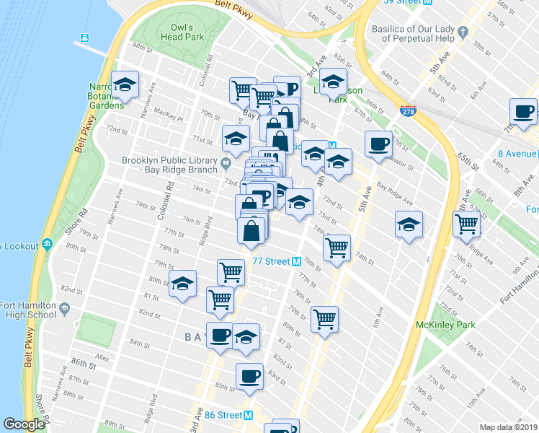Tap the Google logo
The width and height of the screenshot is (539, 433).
[x=24, y=425]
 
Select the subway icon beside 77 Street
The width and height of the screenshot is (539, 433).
[x=296, y=261]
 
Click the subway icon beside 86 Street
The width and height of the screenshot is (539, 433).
[x=249, y=415]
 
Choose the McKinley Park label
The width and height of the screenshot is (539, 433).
[x=445, y=325]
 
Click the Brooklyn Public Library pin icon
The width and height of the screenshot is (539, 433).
[x=226, y=161]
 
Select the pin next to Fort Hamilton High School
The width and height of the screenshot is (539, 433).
[x=64, y=309]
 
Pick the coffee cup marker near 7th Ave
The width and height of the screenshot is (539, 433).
[x=523, y=113]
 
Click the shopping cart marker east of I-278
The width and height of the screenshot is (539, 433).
[x=466, y=224]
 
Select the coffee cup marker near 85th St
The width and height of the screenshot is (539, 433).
[x=250, y=377]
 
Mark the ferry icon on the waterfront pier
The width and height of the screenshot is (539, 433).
[x=85, y=38]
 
